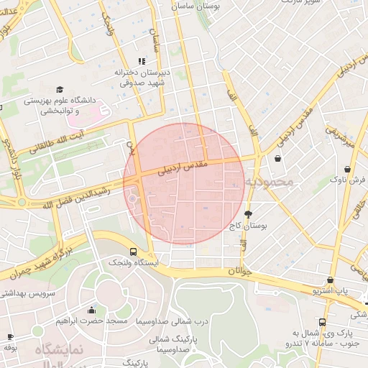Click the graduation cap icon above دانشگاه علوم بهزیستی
59,89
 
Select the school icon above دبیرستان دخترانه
142,61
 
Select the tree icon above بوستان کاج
249,214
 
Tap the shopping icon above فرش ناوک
348,168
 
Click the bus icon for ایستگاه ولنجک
133,252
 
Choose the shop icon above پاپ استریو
330,280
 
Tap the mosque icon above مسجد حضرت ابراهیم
91,310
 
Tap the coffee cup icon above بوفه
10,336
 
